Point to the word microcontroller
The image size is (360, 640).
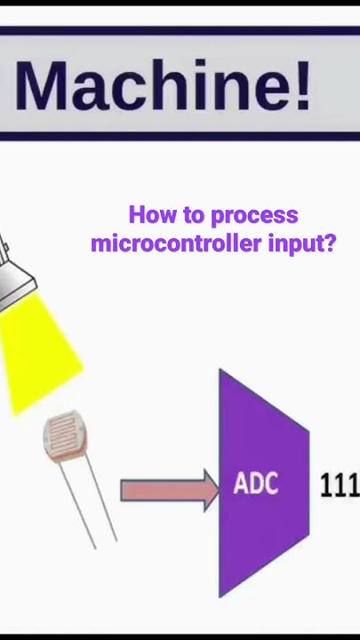coord(176,243)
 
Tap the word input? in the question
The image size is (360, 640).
coord(302,244)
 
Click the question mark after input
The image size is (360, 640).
coord(331,242)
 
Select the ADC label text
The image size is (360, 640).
coord(256,484)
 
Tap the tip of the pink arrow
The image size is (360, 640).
coord(216,490)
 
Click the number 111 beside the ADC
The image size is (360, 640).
coord(340,484)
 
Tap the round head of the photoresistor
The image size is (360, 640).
coord(68,439)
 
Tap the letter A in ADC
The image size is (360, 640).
coord(242,484)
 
